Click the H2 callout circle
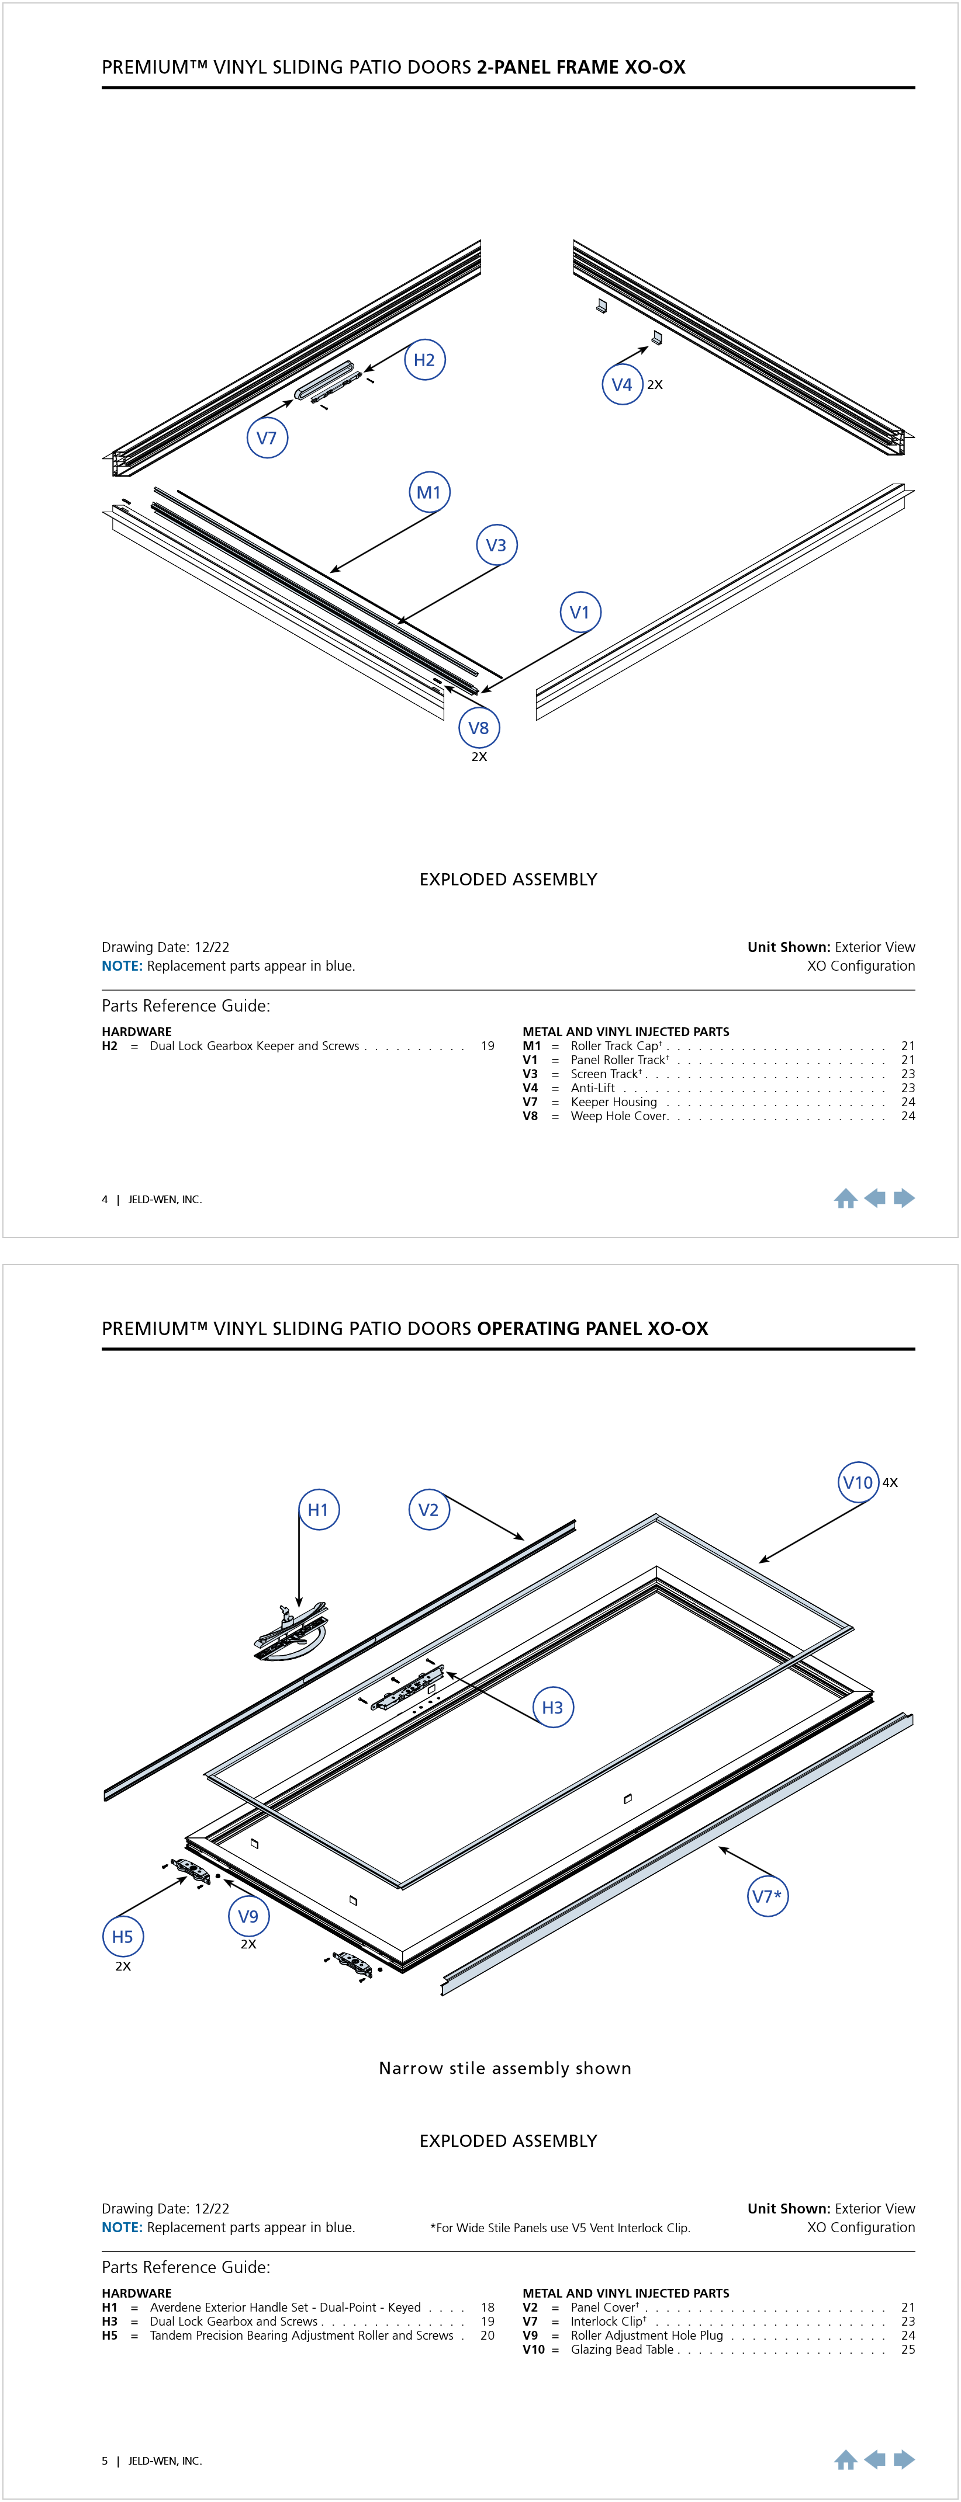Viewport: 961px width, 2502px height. pyautogui.click(x=424, y=360)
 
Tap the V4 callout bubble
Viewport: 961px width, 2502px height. pyautogui.click(x=622, y=385)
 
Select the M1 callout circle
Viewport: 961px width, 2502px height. pyautogui.click(x=428, y=492)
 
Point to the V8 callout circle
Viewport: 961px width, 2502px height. pyautogui.click(x=479, y=728)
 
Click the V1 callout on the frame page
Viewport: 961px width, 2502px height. pyautogui.click(x=580, y=613)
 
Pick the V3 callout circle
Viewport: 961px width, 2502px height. pyautogui.click(x=496, y=545)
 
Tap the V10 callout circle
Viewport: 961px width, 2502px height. pyautogui.click(x=858, y=1482)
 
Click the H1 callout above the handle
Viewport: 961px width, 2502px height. pyautogui.click(x=318, y=1509)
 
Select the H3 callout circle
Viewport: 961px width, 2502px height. pyautogui.click(x=553, y=1707)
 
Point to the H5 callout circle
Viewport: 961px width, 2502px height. pyautogui.click(x=122, y=1935)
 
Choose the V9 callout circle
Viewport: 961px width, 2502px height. pyautogui.click(x=249, y=1916)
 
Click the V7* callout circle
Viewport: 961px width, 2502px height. pyautogui.click(x=768, y=1895)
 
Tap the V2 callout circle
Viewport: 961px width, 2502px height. pyautogui.click(x=428, y=1509)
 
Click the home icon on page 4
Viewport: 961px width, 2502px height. pyautogui.click(x=845, y=1198)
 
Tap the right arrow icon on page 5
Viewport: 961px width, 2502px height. pyautogui.click(x=905, y=2459)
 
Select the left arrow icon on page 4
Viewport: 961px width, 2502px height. pyautogui.click(x=876, y=1198)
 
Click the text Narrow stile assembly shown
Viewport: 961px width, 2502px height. pyautogui.click(x=505, y=2068)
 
